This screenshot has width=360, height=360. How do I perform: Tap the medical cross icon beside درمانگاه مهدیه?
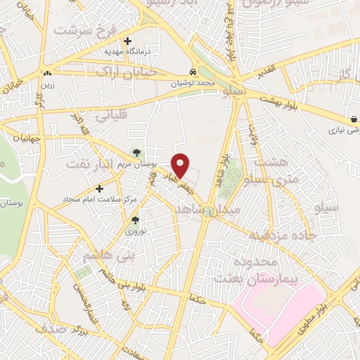[127, 40]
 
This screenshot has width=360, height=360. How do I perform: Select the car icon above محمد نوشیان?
[193, 72]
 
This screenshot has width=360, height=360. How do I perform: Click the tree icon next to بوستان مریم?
[136, 152]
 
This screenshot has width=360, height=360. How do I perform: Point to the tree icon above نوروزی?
[135, 220]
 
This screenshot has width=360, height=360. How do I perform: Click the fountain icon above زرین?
[47, 73]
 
